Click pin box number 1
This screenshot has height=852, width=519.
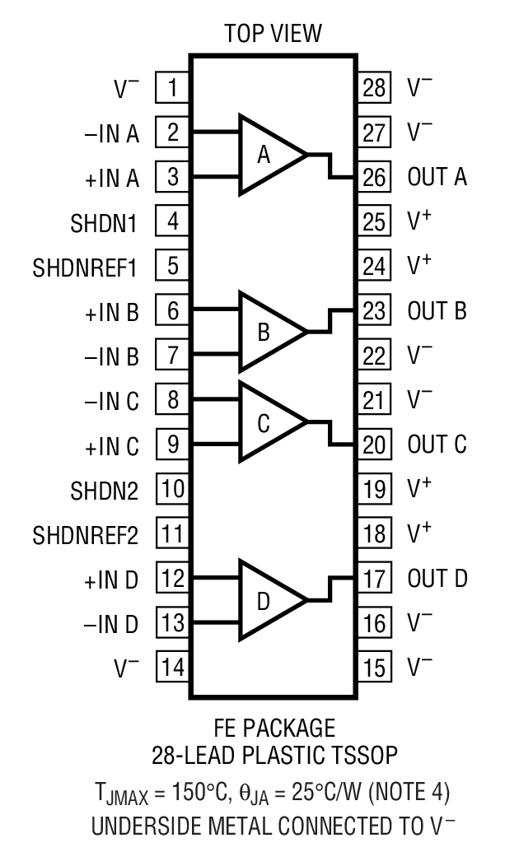173,87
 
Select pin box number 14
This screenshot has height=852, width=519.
173,666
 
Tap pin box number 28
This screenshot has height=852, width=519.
374,87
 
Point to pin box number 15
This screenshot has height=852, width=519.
374,666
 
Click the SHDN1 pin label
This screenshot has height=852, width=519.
105,222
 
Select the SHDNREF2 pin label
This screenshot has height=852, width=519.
86,535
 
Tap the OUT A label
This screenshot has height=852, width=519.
437,177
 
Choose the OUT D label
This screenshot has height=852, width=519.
437,578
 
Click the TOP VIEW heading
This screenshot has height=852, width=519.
274,34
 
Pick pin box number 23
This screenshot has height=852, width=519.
374,311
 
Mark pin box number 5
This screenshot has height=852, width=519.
173,267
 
